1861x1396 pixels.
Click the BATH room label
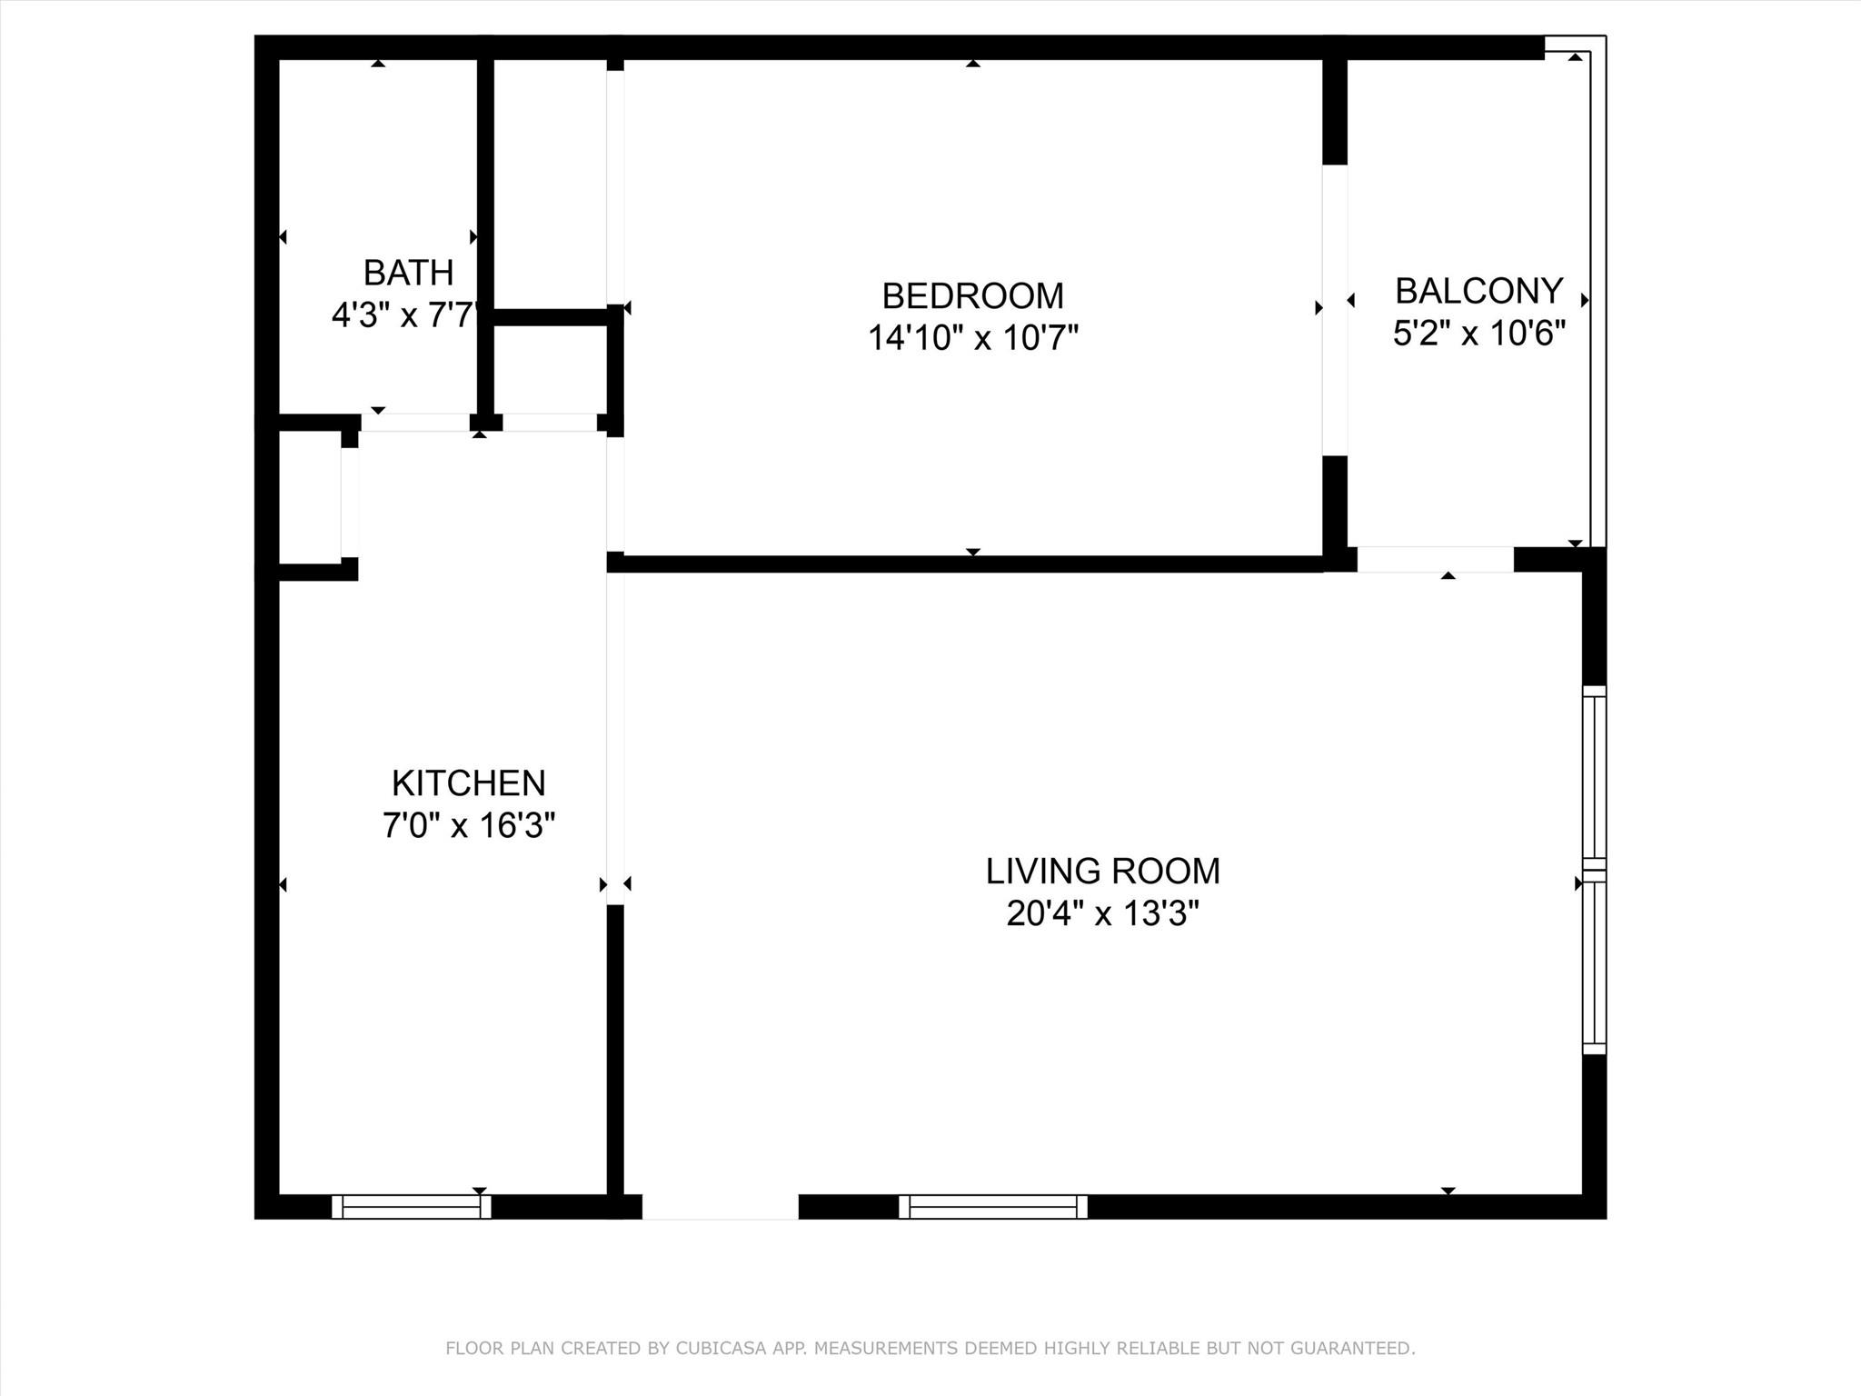click(408, 273)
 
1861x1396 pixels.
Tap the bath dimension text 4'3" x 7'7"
click(404, 315)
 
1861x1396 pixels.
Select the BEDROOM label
click(972, 296)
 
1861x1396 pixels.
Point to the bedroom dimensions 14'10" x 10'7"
click(972, 338)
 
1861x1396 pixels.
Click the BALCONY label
click(1478, 291)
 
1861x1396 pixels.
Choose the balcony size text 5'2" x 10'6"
click(1478, 334)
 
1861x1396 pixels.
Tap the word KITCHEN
click(468, 783)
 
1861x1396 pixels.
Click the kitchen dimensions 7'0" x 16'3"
click(468, 825)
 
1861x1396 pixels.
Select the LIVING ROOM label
click(1102, 871)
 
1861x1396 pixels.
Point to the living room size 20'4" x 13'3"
click(1102, 913)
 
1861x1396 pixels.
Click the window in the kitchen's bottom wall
click(412, 1206)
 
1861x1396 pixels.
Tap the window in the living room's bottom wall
click(992, 1206)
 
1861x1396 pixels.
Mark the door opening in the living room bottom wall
click(720, 1206)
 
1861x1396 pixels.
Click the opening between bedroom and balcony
click(1334, 309)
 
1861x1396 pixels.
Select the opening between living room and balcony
click(1435, 560)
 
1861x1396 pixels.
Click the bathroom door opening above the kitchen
click(415, 423)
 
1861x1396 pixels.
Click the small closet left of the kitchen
click(309, 497)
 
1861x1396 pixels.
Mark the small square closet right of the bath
click(550, 369)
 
